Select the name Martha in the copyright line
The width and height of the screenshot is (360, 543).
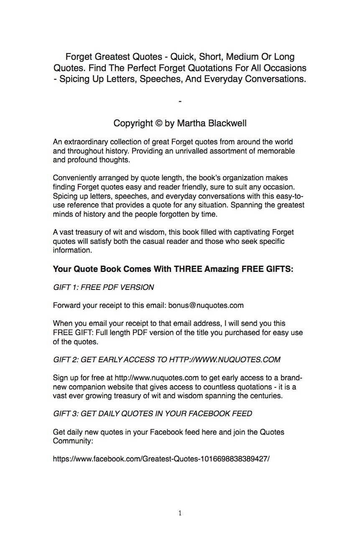(191, 123)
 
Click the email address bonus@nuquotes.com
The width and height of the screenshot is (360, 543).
(206, 305)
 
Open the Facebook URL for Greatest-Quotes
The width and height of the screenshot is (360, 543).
(161, 458)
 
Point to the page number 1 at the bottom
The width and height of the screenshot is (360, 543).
(180, 513)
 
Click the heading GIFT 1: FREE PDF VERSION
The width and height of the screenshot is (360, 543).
(103, 287)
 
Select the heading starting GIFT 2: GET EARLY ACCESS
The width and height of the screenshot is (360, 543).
(166, 360)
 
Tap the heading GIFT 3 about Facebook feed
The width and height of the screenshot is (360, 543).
(153, 414)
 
